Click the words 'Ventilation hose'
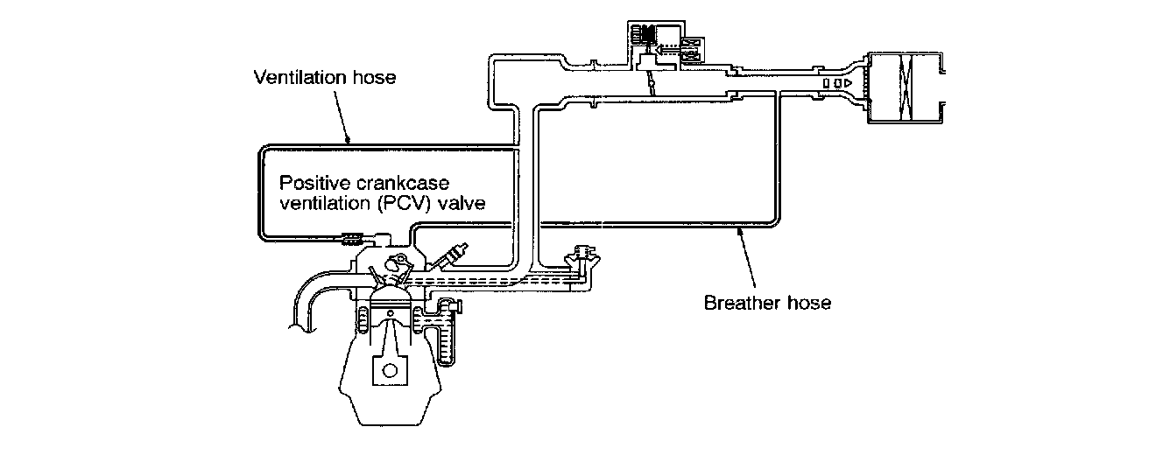324,78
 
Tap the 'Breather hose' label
767,304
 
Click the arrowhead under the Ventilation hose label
348,139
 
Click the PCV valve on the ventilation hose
353,236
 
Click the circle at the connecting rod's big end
389,370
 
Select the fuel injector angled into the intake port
448,256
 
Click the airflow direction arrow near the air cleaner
840,83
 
